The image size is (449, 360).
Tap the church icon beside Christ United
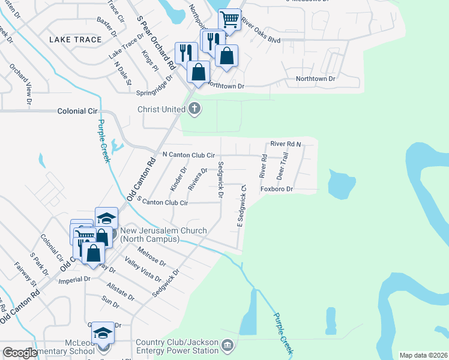tap(194, 109)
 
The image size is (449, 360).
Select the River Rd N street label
tap(285, 144)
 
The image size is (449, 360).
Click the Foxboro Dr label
tap(276, 189)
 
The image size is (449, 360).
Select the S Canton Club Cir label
tap(163, 203)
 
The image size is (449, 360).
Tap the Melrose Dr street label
tap(151, 255)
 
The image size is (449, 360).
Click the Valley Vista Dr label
tap(143, 269)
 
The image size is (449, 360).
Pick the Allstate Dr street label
tap(121, 292)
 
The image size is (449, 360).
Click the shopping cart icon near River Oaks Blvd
tap(229, 19)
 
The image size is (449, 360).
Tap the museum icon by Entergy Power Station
tap(227, 345)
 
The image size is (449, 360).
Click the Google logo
tap(20, 353)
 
